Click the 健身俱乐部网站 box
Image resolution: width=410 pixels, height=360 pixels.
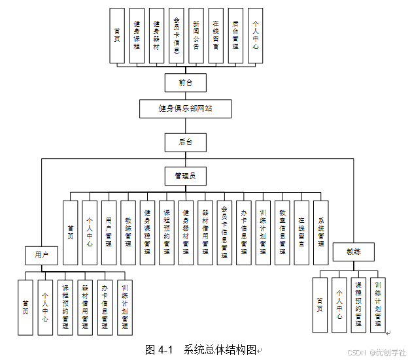tap(185, 108)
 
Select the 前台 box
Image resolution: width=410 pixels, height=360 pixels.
tap(185, 82)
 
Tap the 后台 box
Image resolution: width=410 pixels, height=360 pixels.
tap(185, 142)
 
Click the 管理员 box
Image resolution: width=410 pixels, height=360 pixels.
tap(185, 175)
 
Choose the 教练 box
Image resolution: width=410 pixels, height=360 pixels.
tap(354, 252)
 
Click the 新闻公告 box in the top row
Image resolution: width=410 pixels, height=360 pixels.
tap(196, 35)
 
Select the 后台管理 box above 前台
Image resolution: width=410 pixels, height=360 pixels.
tap(235, 35)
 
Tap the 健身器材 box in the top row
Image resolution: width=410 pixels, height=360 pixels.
tap(156, 35)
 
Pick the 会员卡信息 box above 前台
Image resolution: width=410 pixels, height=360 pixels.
tap(177, 35)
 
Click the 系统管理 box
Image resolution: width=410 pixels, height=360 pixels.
tap(320, 232)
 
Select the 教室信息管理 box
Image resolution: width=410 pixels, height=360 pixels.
tap(282, 232)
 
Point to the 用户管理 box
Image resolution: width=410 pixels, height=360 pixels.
tap(109, 232)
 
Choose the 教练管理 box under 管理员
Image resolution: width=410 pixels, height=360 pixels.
tap(128, 232)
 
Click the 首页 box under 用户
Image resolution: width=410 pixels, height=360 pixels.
tap(26, 307)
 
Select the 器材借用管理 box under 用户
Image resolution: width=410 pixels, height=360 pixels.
tap(85, 307)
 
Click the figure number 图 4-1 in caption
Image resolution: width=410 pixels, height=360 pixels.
tap(158, 350)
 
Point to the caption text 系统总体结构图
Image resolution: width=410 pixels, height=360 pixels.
tap(220, 350)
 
